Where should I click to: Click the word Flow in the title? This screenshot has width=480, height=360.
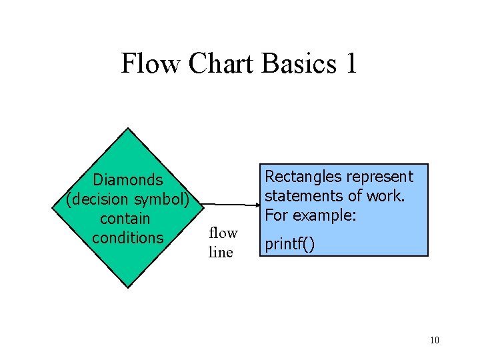coord(151,64)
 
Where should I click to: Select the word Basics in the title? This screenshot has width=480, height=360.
coord(299,64)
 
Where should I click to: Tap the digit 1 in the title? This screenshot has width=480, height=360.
coord(350,64)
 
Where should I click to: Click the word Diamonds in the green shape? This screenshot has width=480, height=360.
coord(128,180)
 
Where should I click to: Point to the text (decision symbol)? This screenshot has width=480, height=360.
coord(128,199)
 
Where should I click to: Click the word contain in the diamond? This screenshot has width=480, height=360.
coord(125,219)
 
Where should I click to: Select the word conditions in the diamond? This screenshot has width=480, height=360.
coord(128,238)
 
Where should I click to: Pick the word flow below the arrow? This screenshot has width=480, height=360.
coord(223,233)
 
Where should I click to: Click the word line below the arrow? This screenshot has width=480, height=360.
coord(221,253)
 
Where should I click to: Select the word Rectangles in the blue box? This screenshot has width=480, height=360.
coord(301,177)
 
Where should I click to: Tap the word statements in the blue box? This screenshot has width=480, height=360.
coord(299,196)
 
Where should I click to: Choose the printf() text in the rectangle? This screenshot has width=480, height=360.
coord(290,244)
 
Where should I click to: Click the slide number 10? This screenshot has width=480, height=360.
coord(434,341)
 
